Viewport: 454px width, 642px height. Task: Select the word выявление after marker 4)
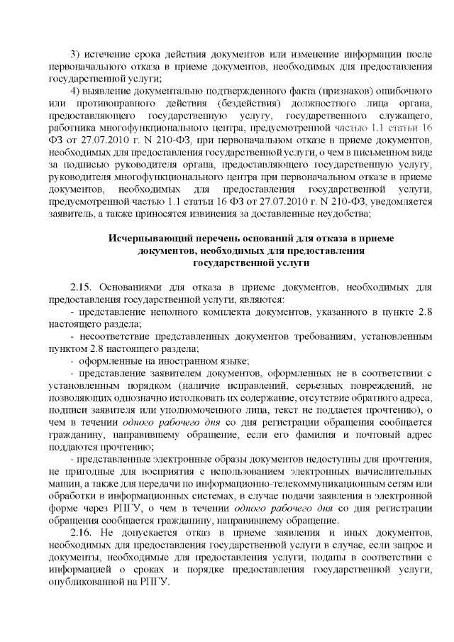pos(112,92)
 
